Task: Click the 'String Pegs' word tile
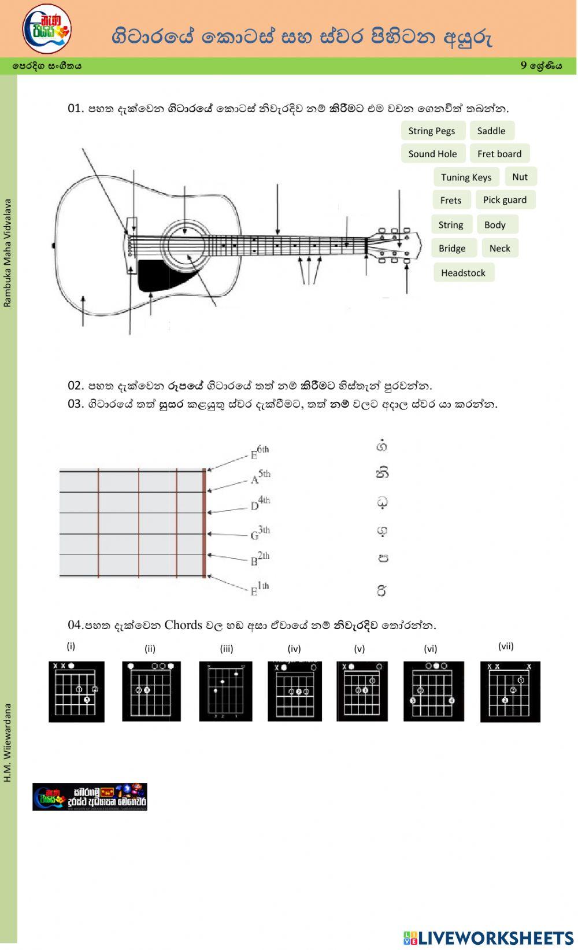tap(431, 131)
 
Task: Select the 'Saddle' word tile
tap(491, 131)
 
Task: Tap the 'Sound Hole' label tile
tap(432, 154)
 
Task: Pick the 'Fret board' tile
tap(499, 154)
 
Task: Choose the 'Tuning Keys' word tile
tap(466, 178)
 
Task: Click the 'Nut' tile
tap(520, 177)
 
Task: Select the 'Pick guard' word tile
tap(505, 200)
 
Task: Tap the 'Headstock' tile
tap(463, 273)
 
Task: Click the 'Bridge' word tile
tap(452, 248)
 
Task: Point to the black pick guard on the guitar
tap(156, 275)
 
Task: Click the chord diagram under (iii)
tap(226, 692)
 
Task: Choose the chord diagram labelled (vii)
tap(510, 692)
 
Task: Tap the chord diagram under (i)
tap(76, 692)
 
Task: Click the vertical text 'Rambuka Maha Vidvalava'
tap(8, 253)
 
